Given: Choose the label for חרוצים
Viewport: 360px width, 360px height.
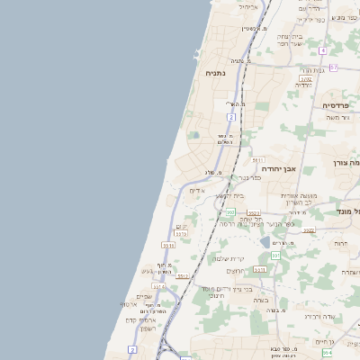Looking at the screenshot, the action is pos(236,271).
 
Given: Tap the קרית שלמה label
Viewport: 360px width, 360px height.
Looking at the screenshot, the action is pos(228,258).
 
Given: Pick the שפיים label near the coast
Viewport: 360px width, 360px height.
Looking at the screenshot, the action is pos(144,297).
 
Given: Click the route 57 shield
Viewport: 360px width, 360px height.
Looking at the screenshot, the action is pos(333,67).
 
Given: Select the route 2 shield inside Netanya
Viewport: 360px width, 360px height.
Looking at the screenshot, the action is pos(231,117).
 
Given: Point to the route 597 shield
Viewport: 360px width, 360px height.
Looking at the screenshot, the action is pos(275,256).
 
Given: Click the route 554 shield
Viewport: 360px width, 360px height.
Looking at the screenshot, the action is pos(326,354).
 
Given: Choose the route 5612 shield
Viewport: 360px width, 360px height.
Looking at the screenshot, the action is pos(183,276).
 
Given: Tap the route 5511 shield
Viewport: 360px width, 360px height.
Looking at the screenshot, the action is pos(167,245).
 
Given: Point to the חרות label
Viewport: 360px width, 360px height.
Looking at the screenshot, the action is pos(340,243).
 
